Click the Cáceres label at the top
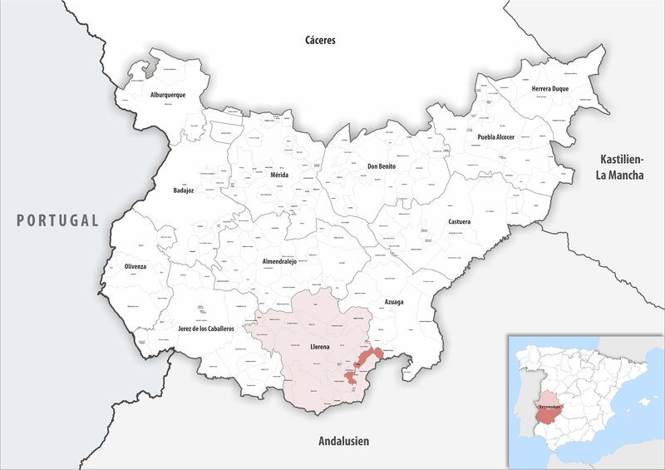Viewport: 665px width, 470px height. click(x=319, y=40)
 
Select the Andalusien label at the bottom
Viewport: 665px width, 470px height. click(x=343, y=441)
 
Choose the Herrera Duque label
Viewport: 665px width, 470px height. click(x=550, y=89)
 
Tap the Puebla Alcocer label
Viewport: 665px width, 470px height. click(x=496, y=136)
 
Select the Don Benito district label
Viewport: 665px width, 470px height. click(x=382, y=166)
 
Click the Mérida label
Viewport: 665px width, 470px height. click(x=280, y=176)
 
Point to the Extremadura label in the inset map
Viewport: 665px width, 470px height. click(x=551, y=408)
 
